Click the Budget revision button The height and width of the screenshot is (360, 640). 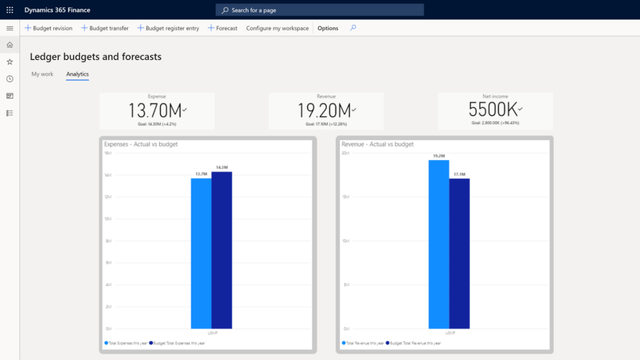coord(49,28)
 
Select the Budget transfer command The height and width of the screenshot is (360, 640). coord(105,28)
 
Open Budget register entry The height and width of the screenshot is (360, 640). coord(168,28)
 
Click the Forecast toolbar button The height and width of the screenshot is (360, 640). coord(222,28)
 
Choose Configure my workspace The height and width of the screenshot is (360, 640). coord(277,28)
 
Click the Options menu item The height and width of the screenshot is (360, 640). coord(327,28)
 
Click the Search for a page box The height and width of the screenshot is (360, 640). coord(319,10)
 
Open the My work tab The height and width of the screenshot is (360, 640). coord(42,74)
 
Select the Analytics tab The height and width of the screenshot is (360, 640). coord(77,74)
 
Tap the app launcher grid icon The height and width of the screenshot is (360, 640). coord(9,10)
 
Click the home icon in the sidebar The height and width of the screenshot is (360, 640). coord(9,45)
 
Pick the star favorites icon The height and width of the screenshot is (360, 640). coord(9,62)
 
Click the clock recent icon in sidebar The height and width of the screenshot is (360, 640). coord(9,79)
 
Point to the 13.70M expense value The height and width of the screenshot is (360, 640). coord(156,111)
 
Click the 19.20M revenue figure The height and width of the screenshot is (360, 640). coord(325,111)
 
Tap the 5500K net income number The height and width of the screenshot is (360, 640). coord(493,109)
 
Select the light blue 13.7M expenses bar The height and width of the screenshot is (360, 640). coord(201,253)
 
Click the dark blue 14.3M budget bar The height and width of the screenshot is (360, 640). coord(221,250)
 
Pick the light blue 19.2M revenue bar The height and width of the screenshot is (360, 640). coord(439,244)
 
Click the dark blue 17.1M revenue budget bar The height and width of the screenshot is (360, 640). coord(459,253)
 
